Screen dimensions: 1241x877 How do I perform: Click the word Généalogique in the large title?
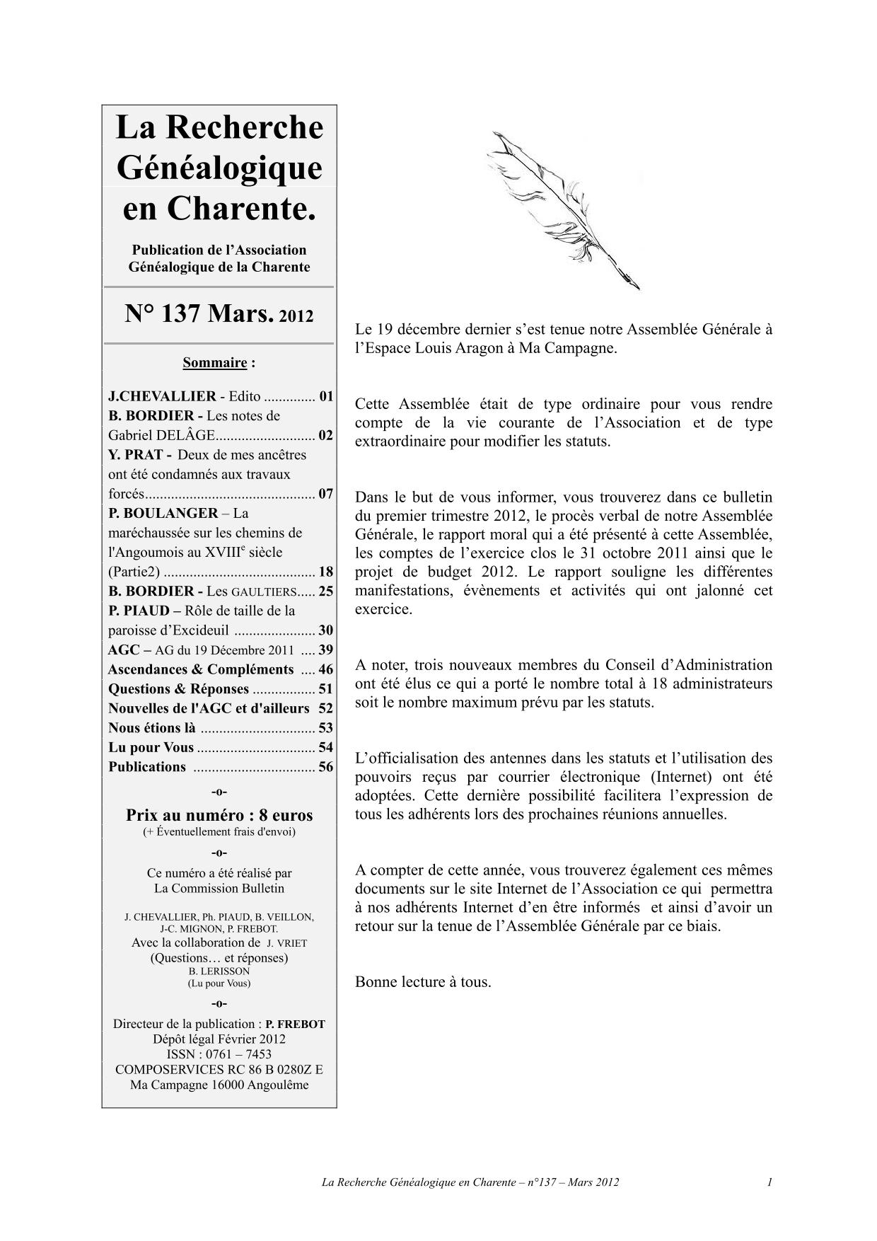tap(219, 168)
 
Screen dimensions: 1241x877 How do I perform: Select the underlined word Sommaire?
tap(214, 363)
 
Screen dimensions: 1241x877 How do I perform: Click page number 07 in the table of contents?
tap(325, 494)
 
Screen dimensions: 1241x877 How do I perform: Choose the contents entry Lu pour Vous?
tap(151, 747)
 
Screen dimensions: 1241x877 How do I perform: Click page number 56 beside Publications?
tap(325, 767)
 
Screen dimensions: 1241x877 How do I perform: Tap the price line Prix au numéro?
tap(219, 814)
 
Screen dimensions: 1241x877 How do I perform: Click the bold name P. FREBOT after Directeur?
tap(295, 1024)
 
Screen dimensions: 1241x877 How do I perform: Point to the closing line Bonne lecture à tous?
tap(422, 981)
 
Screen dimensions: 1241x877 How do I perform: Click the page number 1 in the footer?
tap(769, 1182)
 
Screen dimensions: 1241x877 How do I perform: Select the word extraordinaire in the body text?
tap(400, 441)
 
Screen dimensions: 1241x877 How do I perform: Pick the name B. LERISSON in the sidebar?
tap(219, 971)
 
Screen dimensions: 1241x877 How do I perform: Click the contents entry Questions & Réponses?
tap(178, 689)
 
